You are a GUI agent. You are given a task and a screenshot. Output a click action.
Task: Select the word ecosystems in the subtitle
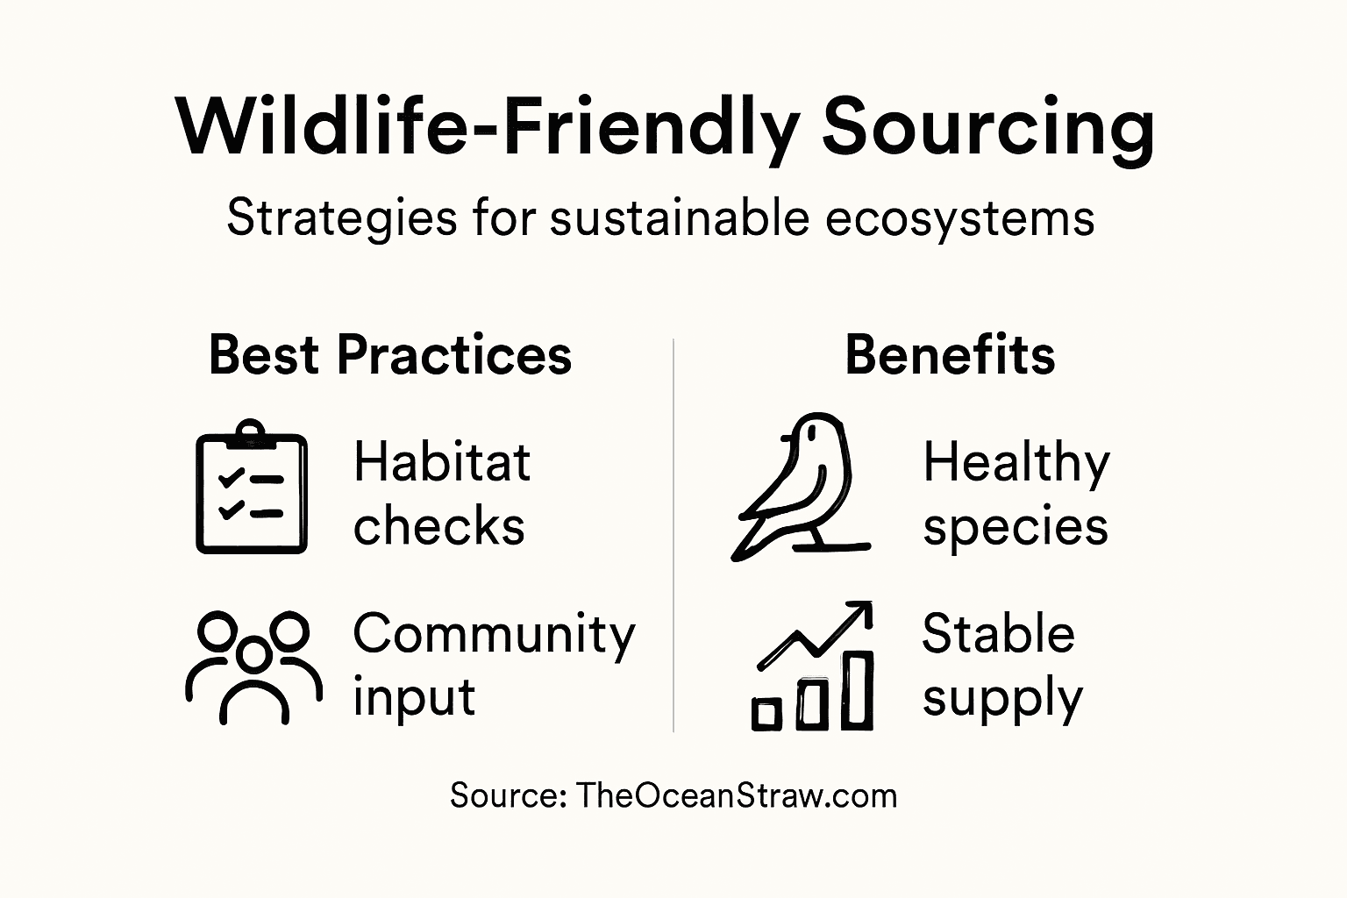(x=959, y=217)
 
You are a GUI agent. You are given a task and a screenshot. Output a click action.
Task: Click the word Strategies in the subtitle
(x=342, y=217)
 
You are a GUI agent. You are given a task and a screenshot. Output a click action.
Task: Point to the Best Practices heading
(x=390, y=355)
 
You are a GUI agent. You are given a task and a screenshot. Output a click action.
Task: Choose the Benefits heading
(x=950, y=355)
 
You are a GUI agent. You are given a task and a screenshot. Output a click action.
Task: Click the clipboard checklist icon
(x=252, y=491)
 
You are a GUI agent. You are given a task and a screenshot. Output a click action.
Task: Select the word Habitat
(x=442, y=462)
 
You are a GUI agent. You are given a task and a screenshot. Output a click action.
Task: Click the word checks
(x=438, y=526)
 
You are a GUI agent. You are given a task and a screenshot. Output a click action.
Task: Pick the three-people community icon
(x=253, y=666)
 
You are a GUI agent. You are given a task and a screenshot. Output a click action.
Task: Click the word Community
(x=494, y=634)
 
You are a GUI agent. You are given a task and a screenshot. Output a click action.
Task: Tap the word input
(x=413, y=698)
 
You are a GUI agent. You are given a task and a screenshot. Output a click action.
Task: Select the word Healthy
(x=1016, y=462)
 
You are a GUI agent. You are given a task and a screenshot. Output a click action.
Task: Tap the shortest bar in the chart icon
(x=766, y=714)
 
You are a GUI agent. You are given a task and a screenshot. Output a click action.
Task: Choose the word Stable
(x=998, y=634)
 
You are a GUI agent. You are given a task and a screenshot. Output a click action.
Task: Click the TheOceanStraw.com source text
(x=737, y=795)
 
